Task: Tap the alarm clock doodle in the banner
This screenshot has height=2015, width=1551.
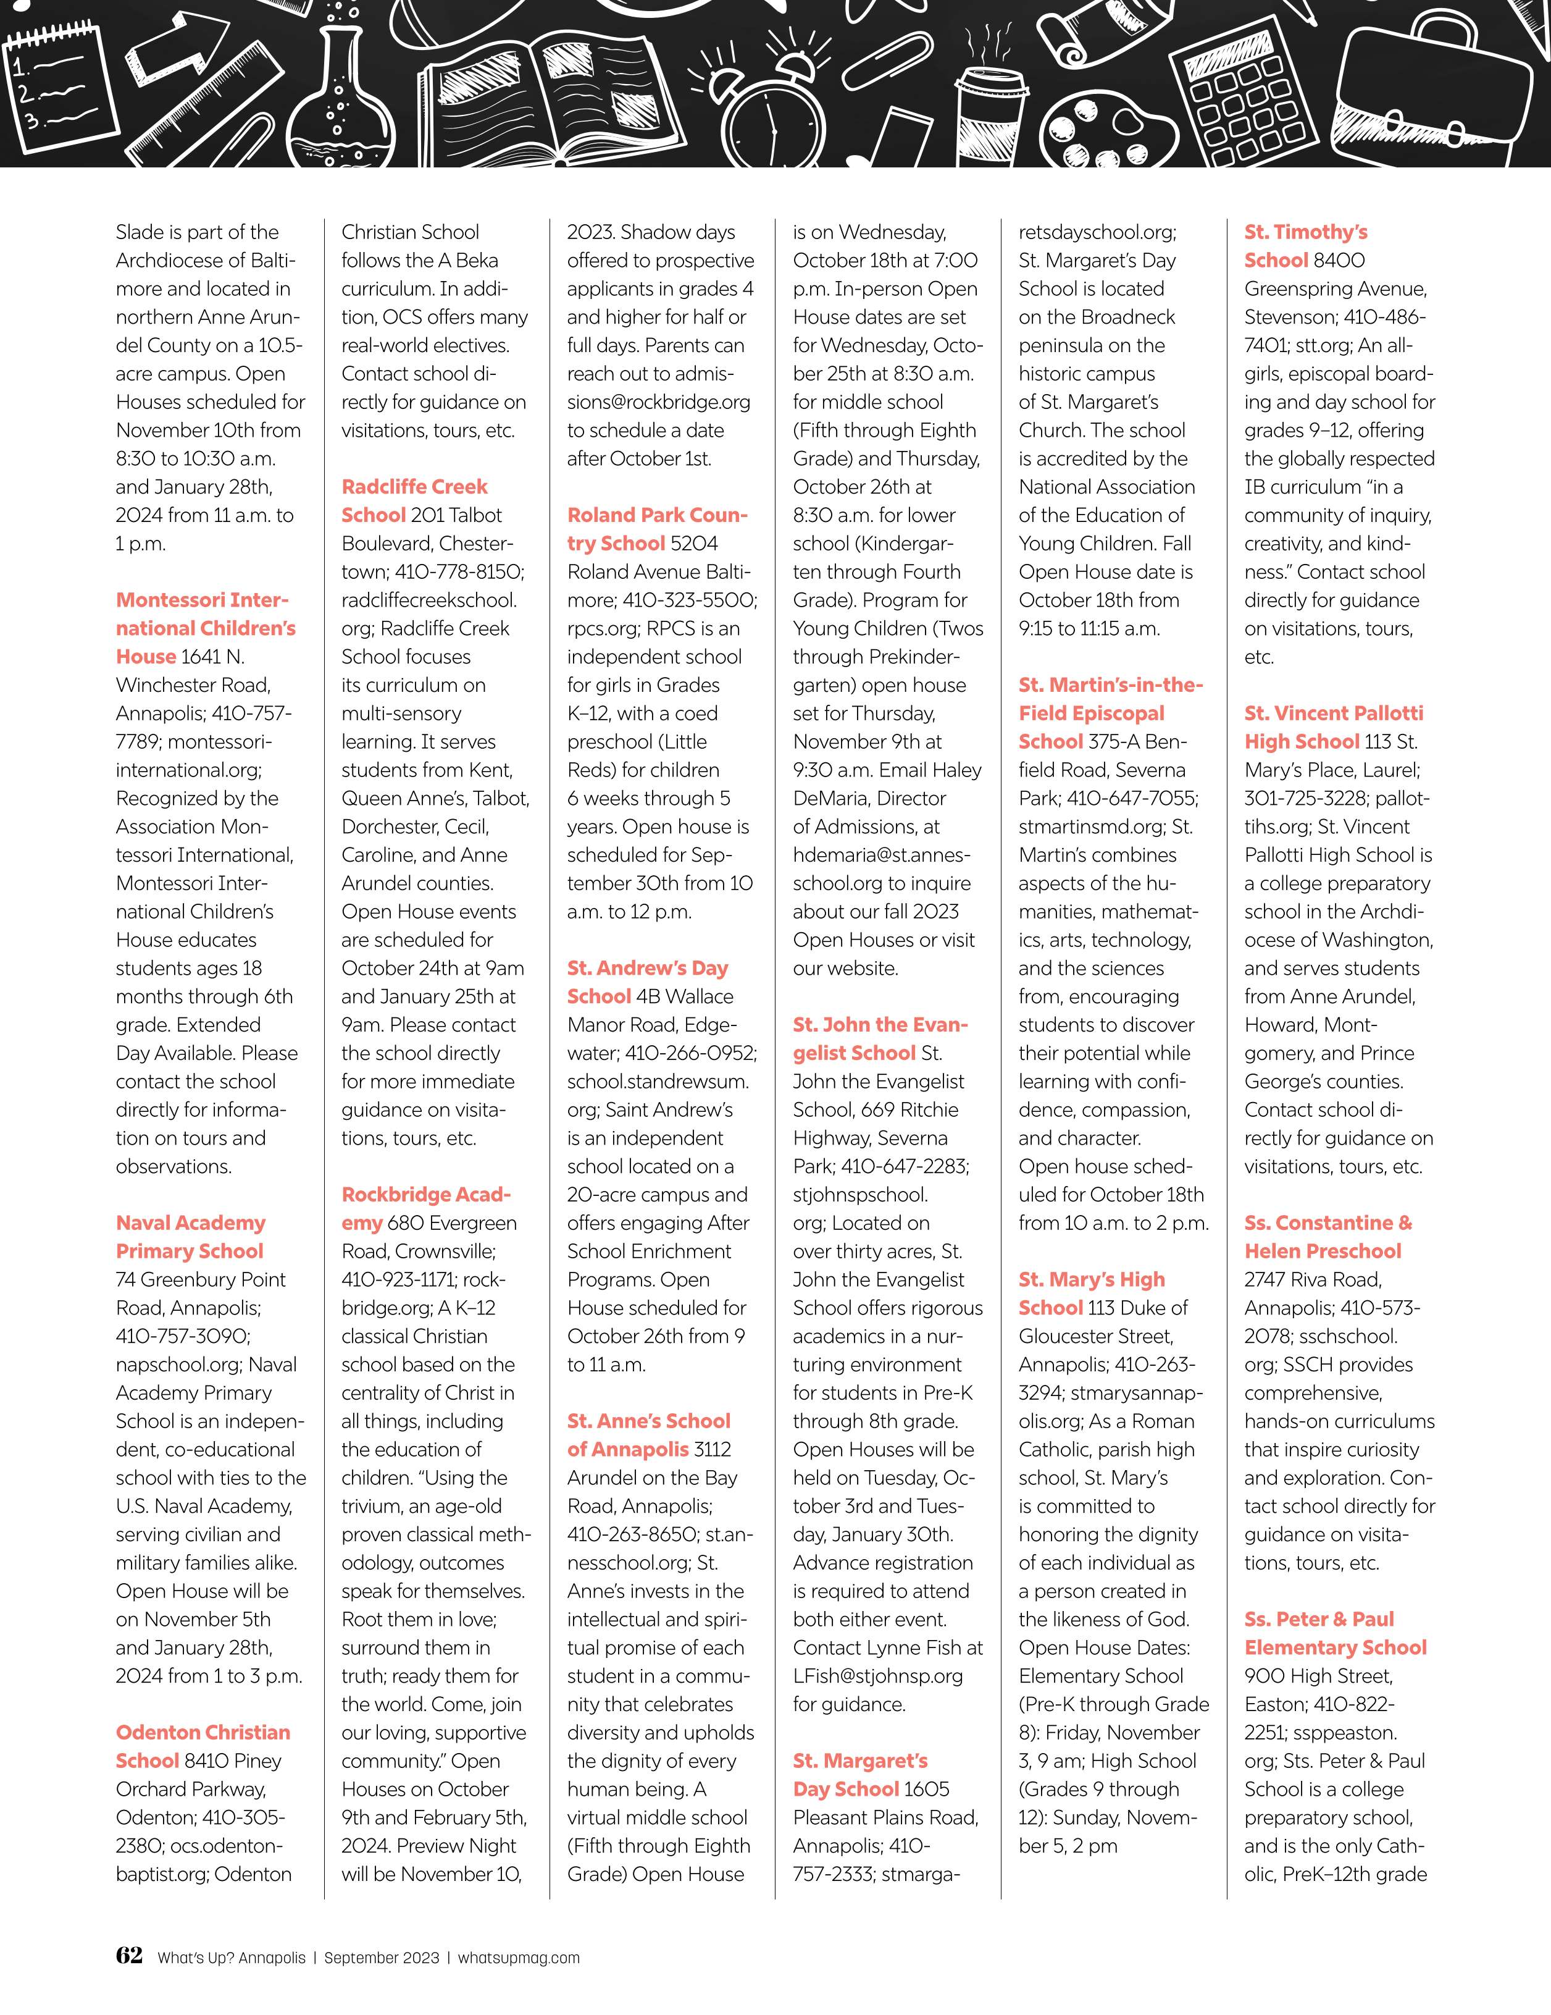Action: (773, 106)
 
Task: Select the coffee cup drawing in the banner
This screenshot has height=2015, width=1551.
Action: (991, 111)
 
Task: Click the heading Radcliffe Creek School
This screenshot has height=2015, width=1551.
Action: (414, 501)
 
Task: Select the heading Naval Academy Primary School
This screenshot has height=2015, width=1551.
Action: (190, 1237)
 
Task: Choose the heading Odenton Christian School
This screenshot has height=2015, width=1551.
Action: (203, 1746)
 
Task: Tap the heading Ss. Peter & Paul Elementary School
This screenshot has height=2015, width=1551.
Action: (1334, 1633)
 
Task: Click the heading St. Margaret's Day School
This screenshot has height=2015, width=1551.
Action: (859, 1775)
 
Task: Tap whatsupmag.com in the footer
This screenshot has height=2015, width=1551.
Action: (519, 1958)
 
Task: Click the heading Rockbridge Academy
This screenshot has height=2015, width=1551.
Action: (425, 1209)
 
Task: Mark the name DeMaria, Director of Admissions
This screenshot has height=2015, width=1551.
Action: (869, 798)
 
